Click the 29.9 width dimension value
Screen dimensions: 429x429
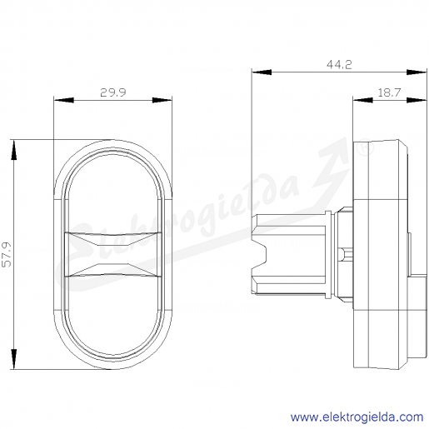point(113,92)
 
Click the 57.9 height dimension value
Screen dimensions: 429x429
point(7,255)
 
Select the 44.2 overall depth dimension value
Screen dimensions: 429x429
point(339,65)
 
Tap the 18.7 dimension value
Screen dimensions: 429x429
point(389,92)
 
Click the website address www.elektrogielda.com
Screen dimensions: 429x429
point(357,417)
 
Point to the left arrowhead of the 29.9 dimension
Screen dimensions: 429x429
point(64,100)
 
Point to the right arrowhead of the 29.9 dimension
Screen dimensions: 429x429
point(162,100)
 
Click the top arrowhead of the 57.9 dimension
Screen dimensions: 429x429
point(13,150)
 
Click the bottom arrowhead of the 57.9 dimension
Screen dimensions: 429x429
point(13,359)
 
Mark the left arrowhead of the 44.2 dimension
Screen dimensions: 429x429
point(262,72)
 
